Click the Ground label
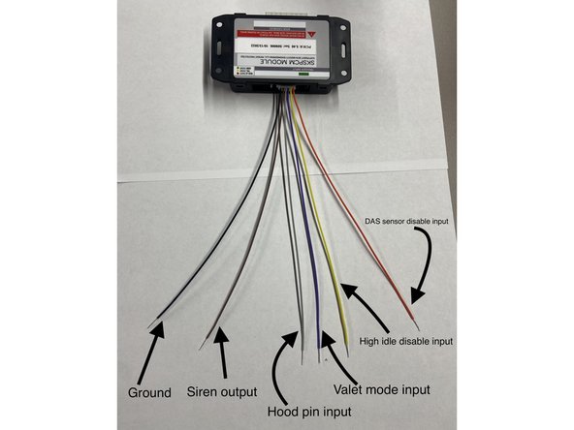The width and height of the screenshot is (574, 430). (149, 392)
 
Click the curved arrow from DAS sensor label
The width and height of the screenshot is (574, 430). (424, 266)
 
